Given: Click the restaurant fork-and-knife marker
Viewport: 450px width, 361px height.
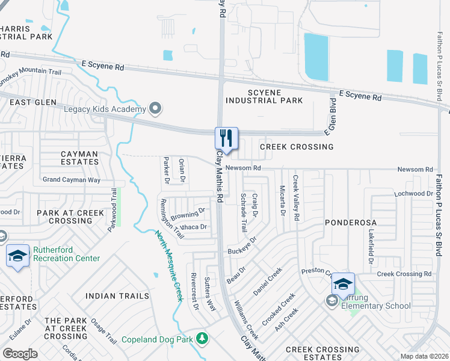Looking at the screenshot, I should (227, 138).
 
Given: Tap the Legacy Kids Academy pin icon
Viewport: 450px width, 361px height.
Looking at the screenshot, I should (156, 109).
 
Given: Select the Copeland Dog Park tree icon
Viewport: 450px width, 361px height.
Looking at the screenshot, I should (202, 339).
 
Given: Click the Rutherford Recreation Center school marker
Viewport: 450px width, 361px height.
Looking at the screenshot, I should (18, 256).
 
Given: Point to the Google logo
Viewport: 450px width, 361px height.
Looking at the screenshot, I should (19, 354).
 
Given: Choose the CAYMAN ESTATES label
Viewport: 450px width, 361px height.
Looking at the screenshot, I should (79, 158).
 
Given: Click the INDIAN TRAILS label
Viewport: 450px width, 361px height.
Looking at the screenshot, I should (117, 295).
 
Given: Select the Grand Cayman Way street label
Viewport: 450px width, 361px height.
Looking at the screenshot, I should (71, 179).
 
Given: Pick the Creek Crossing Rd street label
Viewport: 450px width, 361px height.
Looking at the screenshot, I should (404, 274).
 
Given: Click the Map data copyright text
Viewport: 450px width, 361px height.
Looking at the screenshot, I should (424, 356).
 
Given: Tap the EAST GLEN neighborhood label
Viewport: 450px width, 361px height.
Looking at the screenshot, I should (25, 103).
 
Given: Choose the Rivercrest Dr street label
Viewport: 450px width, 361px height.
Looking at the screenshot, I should (194, 291).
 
